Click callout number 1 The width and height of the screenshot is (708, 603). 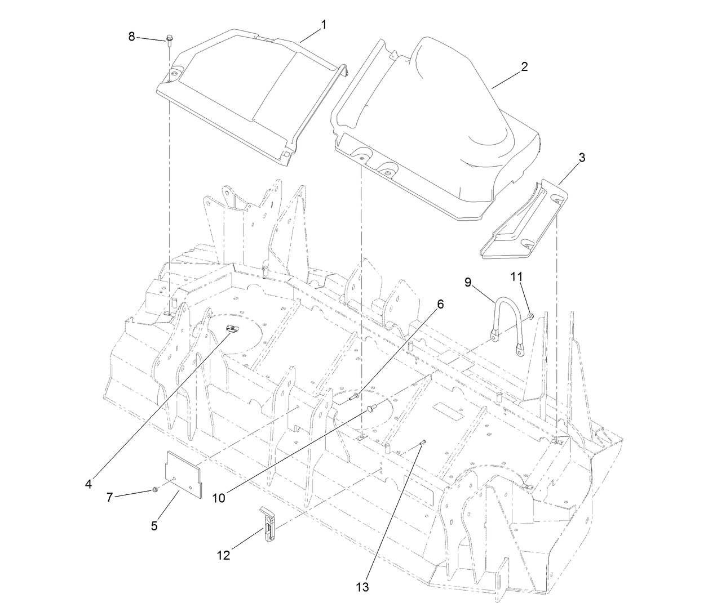coord(324,25)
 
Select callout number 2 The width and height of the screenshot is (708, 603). coord(524,66)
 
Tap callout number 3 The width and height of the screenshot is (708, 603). coord(581,158)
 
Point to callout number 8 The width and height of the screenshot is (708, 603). coord(132,37)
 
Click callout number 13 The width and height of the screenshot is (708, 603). coord(362,587)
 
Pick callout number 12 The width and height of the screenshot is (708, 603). coord(223,555)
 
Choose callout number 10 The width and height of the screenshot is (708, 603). coord(219,498)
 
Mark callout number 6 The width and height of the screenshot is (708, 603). coord(440,304)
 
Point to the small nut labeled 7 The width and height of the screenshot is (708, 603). coord(154,490)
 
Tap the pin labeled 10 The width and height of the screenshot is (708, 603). coord(370,407)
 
